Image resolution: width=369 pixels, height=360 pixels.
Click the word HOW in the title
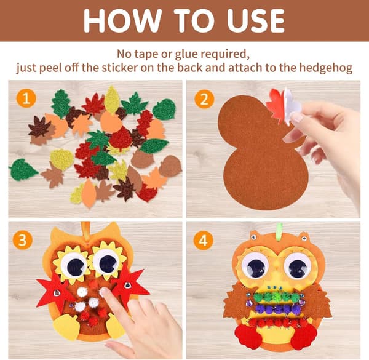tap(123, 20)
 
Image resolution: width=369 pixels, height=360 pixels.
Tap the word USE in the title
tap(256, 20)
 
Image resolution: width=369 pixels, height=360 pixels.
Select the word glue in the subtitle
tap(187, 55)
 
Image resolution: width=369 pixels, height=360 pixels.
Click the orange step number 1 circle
tap(26, 98)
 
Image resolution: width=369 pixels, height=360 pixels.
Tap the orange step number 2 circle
tap(204, 98)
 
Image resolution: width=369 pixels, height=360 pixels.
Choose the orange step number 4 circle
tap(204, 240)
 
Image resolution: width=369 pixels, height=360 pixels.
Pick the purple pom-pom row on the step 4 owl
tap(278, 309)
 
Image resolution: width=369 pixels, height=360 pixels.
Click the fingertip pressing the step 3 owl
tap(105, 292)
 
